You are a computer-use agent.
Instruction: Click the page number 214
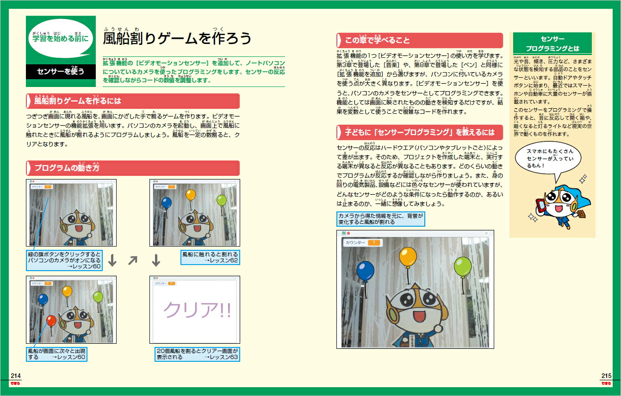[x=16, y=376]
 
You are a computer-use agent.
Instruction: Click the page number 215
[x=606, y=376]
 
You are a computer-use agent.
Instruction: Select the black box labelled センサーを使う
[x=61, y=72]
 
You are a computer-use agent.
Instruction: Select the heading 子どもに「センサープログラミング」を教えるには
[x=419, y=132]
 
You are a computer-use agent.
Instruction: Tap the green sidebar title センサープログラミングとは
[x=553, y=44]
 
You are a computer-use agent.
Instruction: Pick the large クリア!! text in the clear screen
[x=197, y=310]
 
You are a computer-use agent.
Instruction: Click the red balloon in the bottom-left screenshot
[x=51, y=320]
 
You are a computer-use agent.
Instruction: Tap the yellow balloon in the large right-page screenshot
[x=408, y=257]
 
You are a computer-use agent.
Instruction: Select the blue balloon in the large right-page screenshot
[x=366, y=271]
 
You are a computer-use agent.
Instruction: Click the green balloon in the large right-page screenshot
[x=462, y=267]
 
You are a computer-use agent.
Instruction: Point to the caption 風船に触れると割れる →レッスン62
[x=210, y=258]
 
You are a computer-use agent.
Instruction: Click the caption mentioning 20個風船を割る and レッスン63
[x=197, y=354]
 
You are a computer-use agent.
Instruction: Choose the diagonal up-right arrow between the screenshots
[x=133, y=261]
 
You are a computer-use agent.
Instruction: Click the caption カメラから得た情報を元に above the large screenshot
[x=380, y=219]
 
